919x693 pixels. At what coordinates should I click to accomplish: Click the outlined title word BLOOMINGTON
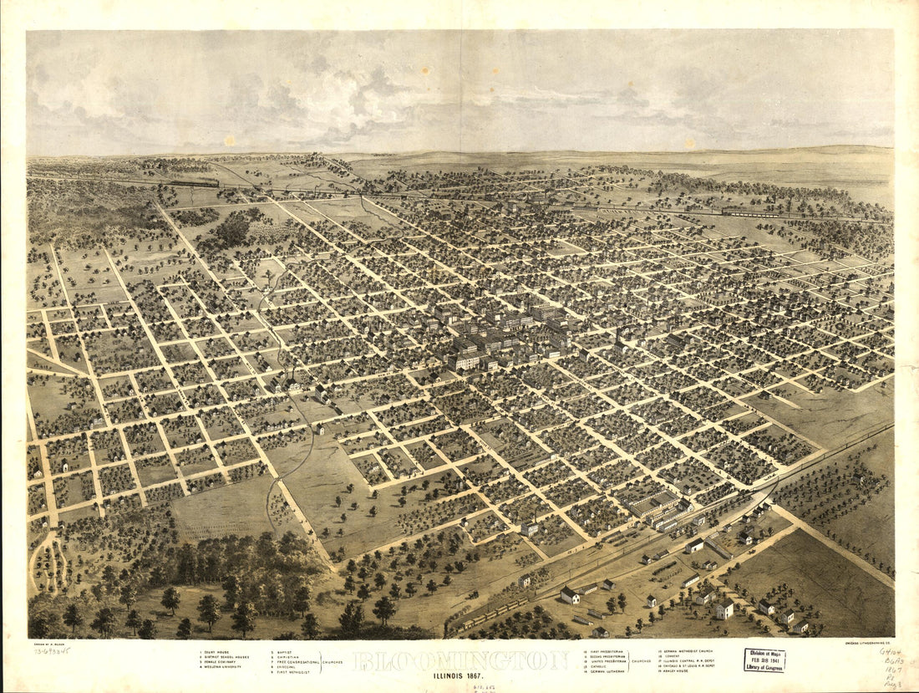[x=461, y=660]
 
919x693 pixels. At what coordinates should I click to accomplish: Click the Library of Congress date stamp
[x=764, y=660]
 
